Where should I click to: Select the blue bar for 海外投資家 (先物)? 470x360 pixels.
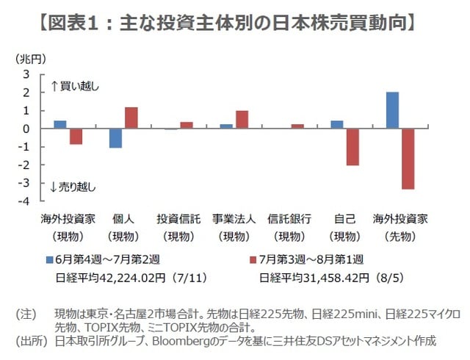click(393, 110)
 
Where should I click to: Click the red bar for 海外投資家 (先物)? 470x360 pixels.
click(407, 159)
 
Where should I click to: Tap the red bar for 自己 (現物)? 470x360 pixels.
click(353, 147)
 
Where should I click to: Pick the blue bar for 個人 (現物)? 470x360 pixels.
click(116, 138)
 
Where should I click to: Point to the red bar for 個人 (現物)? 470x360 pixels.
click(131, 118)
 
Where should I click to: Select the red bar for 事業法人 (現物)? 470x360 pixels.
click(242, 120)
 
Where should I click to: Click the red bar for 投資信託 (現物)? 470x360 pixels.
click(187, 125)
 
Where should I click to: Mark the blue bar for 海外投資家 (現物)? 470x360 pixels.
click(60, 124)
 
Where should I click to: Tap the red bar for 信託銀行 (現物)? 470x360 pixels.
click(297, 126)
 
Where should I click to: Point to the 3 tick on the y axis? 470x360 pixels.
click(26, 74)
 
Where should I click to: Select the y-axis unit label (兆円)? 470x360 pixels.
click(28, 57)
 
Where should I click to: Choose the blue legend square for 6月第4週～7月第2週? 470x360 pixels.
click(49, 260)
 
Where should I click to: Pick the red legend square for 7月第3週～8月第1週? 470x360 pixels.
click(253, 260)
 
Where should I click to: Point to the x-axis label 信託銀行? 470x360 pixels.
click(289, 219)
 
